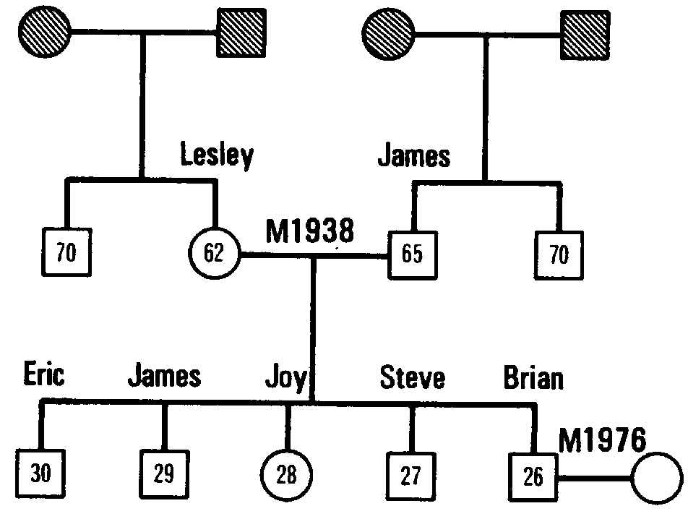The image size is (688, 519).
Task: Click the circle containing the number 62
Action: point(214,254)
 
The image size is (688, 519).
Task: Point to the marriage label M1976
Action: point(602,438)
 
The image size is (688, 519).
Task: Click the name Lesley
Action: point(217,155)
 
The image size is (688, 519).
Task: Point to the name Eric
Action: point(43,375)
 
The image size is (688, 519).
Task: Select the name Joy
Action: point(286,378)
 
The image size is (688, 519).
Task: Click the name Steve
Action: point(413,377)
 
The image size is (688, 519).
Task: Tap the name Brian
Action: point(533,377)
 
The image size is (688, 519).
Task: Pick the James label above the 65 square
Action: point(413,155)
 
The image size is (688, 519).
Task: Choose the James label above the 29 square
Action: point(164,377)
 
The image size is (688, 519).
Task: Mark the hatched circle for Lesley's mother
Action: point(45,31)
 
